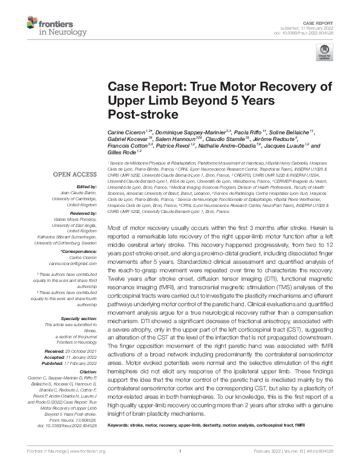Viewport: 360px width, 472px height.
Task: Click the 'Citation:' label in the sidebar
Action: pos(88,355)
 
